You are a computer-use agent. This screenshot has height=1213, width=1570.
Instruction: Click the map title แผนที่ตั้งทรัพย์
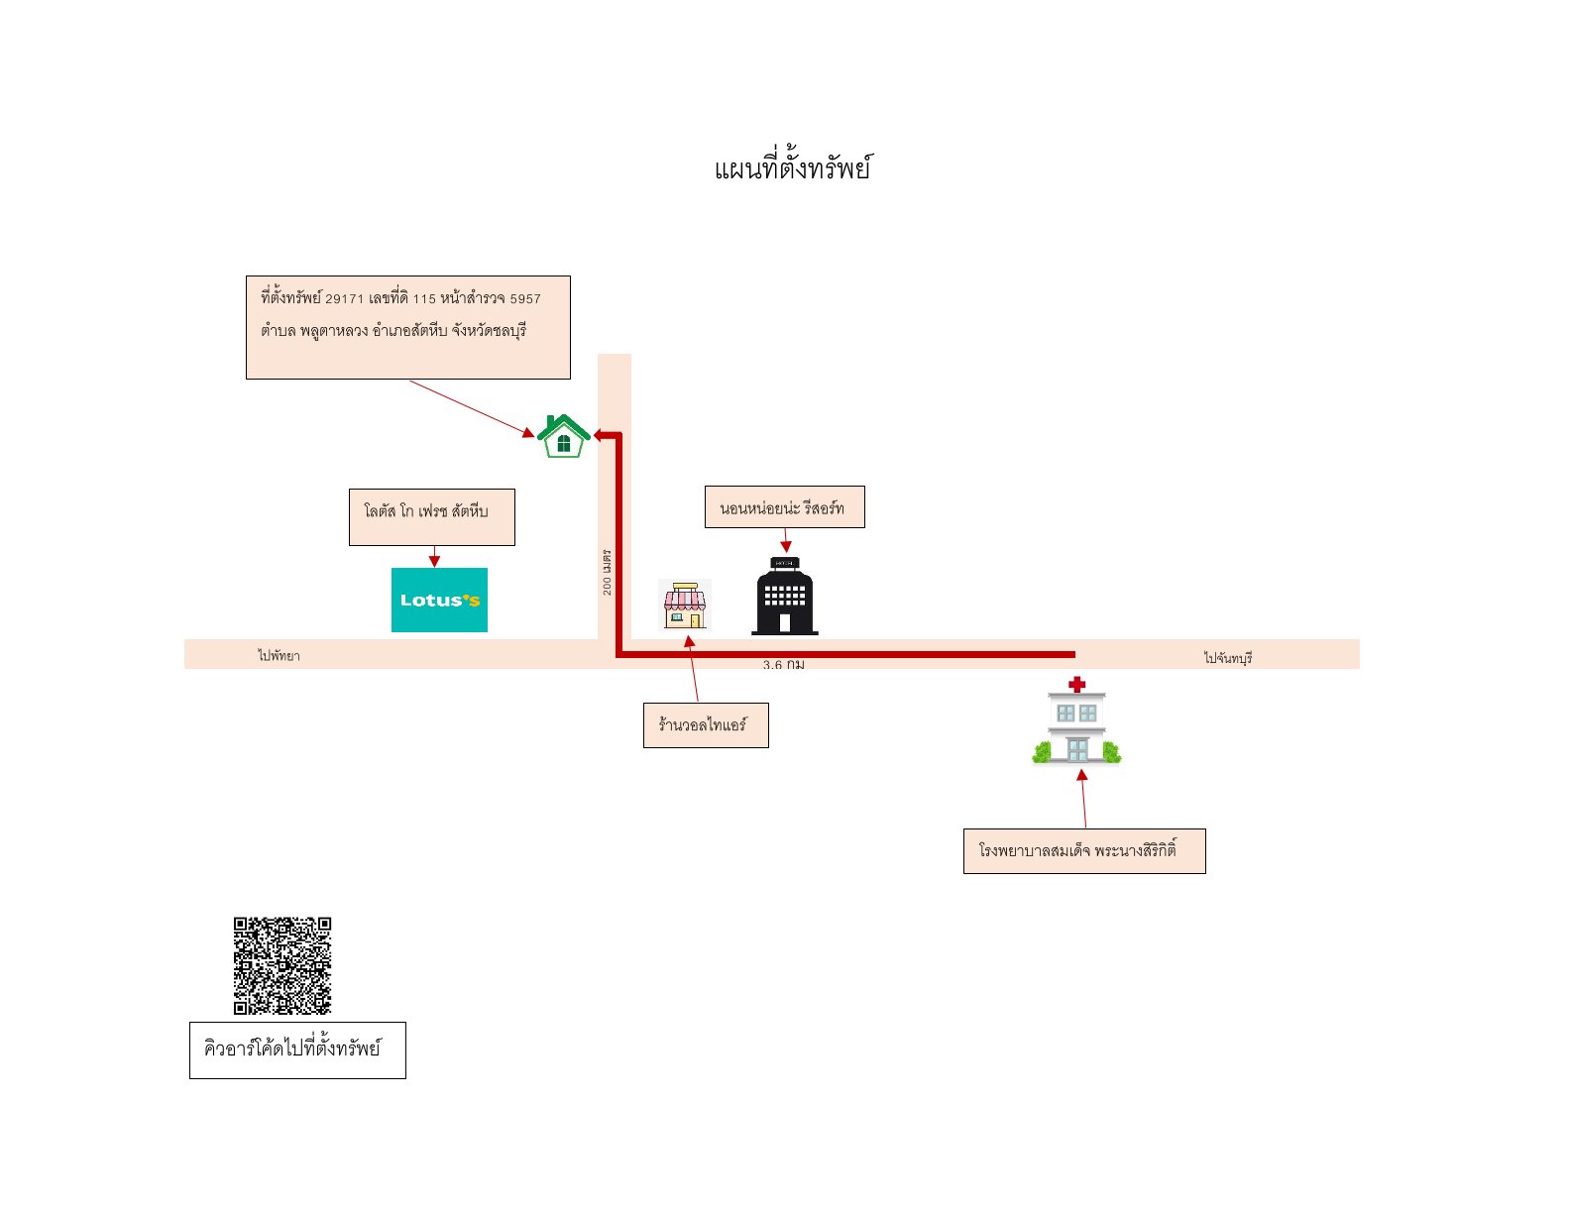(x=793, y=166)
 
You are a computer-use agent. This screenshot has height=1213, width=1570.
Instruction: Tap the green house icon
(x=564, y=436)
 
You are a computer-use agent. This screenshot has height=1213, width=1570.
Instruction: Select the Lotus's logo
(x=439, y=600)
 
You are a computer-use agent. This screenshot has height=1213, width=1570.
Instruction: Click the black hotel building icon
(x=785, y=596)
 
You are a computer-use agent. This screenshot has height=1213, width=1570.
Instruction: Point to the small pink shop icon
(x=684, y=606)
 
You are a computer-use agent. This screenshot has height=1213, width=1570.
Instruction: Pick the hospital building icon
(x=1076, y=720)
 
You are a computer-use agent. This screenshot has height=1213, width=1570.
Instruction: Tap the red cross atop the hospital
(x=1076, y=684)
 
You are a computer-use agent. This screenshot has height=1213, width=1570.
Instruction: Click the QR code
(x=282, y=966)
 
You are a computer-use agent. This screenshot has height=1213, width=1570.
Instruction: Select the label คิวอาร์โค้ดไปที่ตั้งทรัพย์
(x=291, y=1048)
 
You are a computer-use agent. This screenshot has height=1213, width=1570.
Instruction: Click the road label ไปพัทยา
(x=279, y=655)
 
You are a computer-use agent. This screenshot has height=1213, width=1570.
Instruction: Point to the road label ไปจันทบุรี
(x=1227, y=657)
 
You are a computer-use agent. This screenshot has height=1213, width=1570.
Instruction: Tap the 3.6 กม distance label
(x=783, y=665)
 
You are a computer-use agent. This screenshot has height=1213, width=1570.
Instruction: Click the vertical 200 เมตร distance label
(x=607, y=572)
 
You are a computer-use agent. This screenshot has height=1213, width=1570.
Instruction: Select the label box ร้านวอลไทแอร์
(x=706, y=724)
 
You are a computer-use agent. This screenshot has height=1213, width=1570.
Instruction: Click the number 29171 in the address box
(x=344, y=299)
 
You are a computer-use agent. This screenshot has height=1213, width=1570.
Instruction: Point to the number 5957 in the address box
(x=525, y=299)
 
